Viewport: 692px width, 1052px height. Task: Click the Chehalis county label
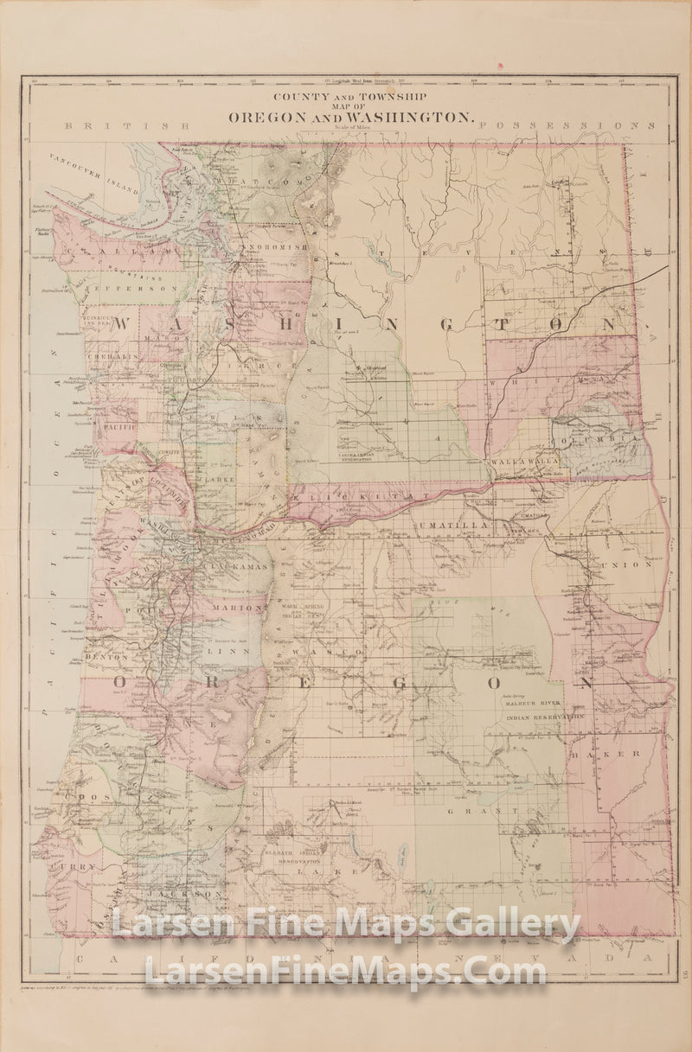click(110, 355)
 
